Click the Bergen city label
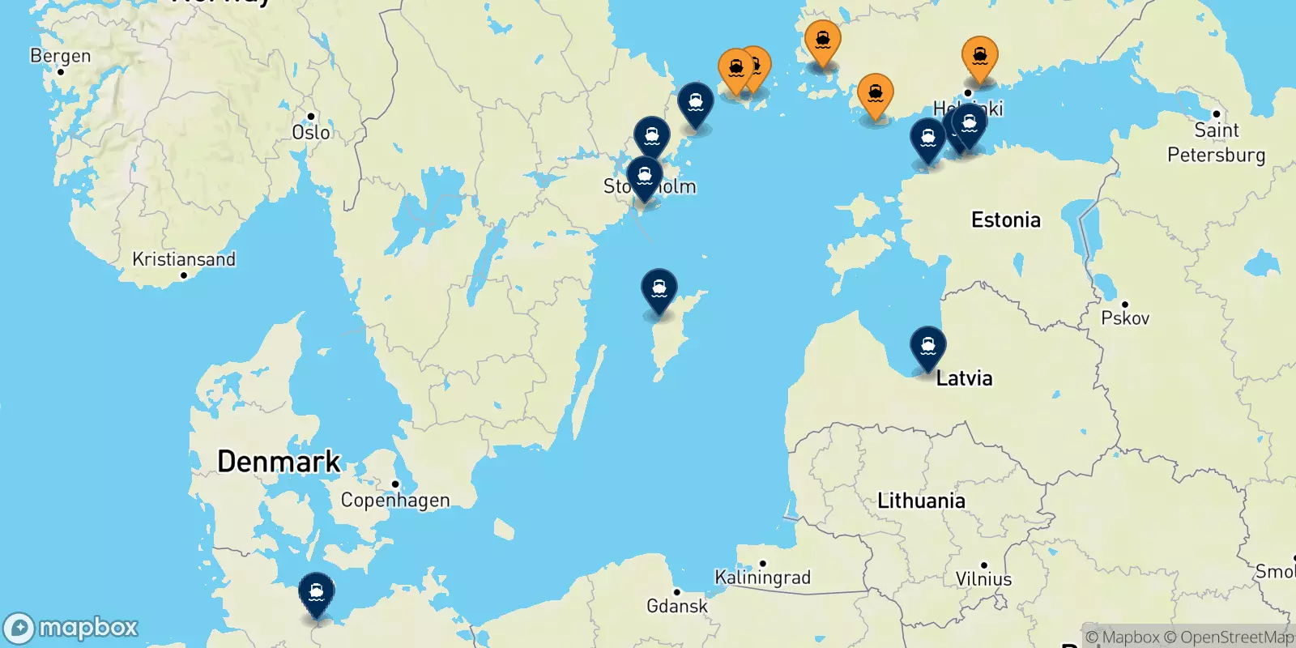tap(61, 56)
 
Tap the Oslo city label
tap(311, 132)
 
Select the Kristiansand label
tap(184, 259)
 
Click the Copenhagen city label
tap(395, 500)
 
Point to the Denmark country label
tap(279, 461)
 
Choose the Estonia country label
tap(1005, 220)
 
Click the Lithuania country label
tap(921, 501)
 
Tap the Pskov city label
tap(1125, 318)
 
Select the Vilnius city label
tap(983, 578)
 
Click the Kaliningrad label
tap(762, 577)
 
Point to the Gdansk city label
tap(676, 605)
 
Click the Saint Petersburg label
tap(1216, 143)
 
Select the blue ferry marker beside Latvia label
tap(927, 347)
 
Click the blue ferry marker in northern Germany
tap(316, 594)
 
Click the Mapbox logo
tap(70, 628)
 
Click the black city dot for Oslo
tap(311, 117)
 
